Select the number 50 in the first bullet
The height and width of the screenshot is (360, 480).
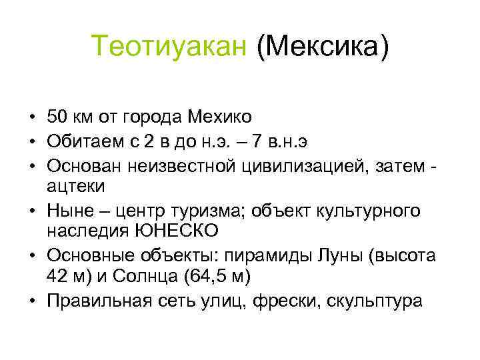click(x=57, y=117)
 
